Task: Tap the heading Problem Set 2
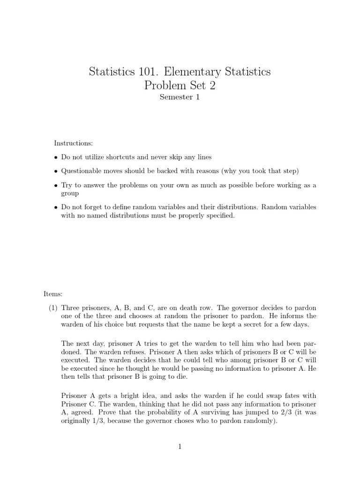pos(180,86)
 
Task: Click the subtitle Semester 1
pos(180,97)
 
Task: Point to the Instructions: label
pos(74,142)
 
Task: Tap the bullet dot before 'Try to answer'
pos(56,185)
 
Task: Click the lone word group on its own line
pos(70,193)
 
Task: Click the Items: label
pos(53,294)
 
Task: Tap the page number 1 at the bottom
pos(180,447)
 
